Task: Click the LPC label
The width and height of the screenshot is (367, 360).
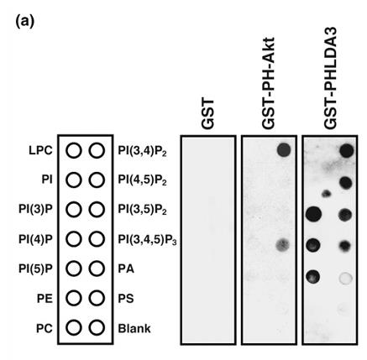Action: tap(40, 151)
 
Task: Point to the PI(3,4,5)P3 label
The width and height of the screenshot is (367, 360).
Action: tap(147, 239)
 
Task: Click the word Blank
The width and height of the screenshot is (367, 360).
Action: tap(134, 328)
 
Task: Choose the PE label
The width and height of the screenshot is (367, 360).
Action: tap(45, 299)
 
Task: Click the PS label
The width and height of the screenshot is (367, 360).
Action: tap(126, 299)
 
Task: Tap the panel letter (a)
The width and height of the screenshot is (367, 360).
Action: tap(25, 21)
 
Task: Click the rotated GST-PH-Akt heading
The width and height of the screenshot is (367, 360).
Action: tap(269, 83)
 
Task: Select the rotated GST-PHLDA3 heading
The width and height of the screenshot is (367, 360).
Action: tap(330, 78)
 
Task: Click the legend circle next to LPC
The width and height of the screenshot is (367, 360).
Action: tap(74, 151)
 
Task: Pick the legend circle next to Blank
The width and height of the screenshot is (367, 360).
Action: tap(97, 328)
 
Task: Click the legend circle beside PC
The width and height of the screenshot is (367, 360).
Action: tap(74, 328)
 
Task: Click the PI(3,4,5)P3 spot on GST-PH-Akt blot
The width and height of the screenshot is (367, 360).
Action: tap(283, 245)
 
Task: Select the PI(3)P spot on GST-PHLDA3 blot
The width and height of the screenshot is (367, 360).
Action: tap(313, 215)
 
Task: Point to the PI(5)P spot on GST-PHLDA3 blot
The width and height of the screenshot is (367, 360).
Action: tap(313, 277)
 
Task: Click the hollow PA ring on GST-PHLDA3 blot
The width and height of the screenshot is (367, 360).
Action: tap(345, 278)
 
